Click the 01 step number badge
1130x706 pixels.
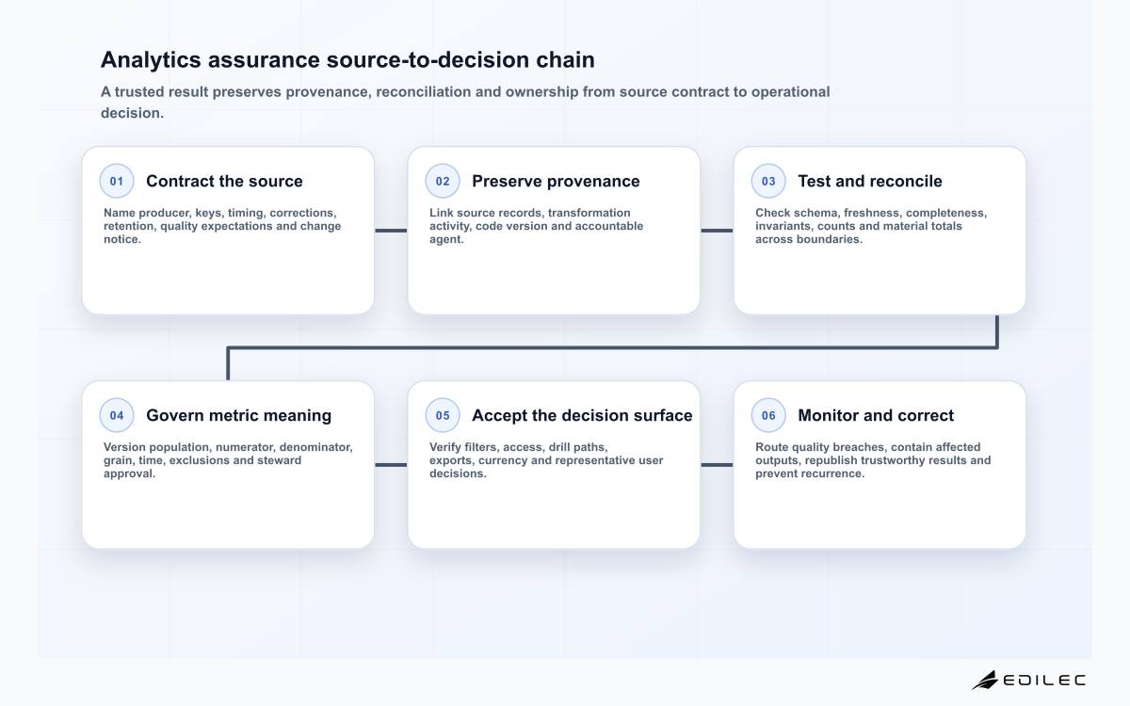click(117, 181)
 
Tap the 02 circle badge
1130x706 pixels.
click(443, 181)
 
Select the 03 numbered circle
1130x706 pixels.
click(768, 181)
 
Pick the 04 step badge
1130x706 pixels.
click(117, 415)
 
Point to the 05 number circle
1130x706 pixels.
click(443, 415)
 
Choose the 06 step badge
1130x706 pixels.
click(768, 415)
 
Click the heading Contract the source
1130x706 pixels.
click(224, 181)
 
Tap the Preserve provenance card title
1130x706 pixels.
click(556, 181)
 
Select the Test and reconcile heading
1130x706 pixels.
click(870, 181)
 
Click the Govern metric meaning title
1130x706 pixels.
click(238, 415)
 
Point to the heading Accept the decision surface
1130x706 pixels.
click(582, 415)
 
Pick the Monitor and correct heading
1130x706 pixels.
click(876, 415)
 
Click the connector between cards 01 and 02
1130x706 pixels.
click(391, 231)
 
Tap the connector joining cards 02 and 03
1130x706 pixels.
click(717, 231)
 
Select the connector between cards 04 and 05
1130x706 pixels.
click(391, 465)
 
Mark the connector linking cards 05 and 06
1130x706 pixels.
click(717, 465)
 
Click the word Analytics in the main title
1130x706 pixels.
click(152, 60)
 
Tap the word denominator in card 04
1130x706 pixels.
click(315, 447)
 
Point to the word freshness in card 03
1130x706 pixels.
click(873, 213)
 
